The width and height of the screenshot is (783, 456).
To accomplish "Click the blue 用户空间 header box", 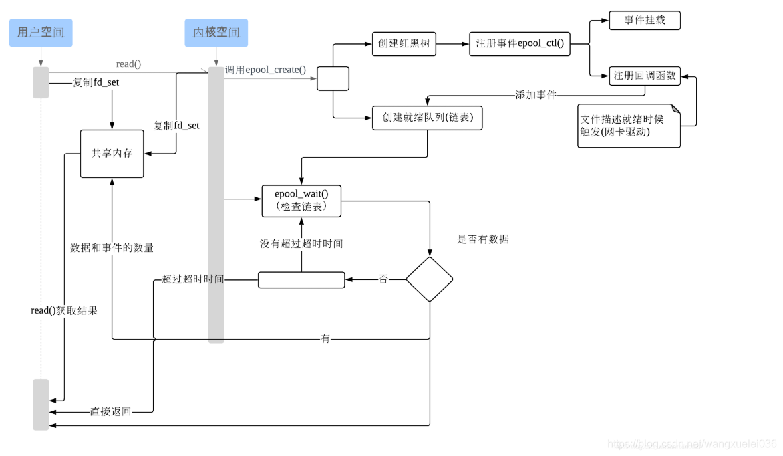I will coord(41,33).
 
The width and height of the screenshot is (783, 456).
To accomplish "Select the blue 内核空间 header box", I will coord(216,33).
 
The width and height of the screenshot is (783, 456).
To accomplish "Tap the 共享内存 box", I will coord(112,154).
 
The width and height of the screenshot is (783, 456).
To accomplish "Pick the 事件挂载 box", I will coord(644,20).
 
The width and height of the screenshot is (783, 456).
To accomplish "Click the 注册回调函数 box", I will coord(644,76).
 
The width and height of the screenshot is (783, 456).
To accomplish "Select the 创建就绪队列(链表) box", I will coord(426,118).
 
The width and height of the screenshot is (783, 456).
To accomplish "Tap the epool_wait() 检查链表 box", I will coord(301,200).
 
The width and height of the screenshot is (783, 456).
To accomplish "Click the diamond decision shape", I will coord(430,279).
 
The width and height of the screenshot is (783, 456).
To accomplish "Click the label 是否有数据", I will coord(482,239).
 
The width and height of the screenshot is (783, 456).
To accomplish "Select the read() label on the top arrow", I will coord(128,64).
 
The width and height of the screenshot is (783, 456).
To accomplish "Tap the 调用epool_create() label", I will coord(265,70).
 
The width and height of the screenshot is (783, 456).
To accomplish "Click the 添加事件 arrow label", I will coord(536,95).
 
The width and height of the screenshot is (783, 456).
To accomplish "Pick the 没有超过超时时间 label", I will coord(301,244).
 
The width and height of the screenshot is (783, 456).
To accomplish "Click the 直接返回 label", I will coord(111,412).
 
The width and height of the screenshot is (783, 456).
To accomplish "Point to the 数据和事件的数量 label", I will coord(112,248).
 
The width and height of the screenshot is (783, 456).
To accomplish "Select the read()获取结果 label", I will coord(64,311).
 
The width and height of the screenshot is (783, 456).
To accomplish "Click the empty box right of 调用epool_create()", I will coord(333,78).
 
